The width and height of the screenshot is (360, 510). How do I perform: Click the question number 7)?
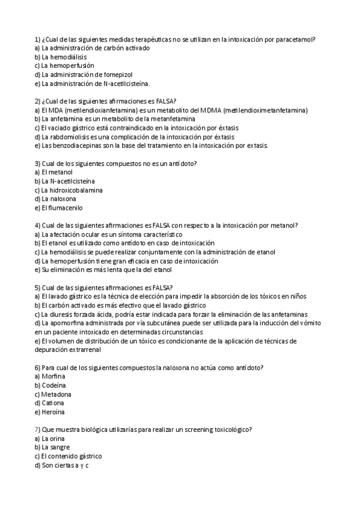tap(37, 429)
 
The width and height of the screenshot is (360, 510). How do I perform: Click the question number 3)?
tap(37, 163)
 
